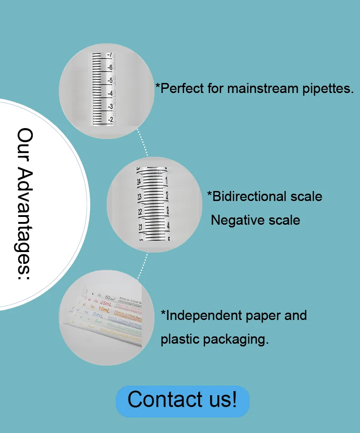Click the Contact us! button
[182, 400]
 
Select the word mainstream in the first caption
[263, 88]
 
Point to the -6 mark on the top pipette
[110, 67]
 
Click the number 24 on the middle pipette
[139, 181]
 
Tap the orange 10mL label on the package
[103, 309]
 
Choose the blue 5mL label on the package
[98, 315]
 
